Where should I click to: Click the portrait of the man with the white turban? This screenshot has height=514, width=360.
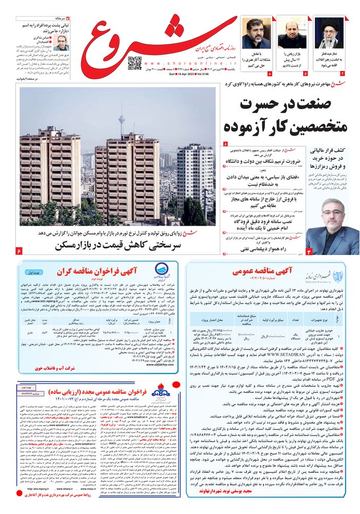click(x=329, y=33)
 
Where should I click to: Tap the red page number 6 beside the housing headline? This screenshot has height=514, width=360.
click(x=19, y=250)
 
